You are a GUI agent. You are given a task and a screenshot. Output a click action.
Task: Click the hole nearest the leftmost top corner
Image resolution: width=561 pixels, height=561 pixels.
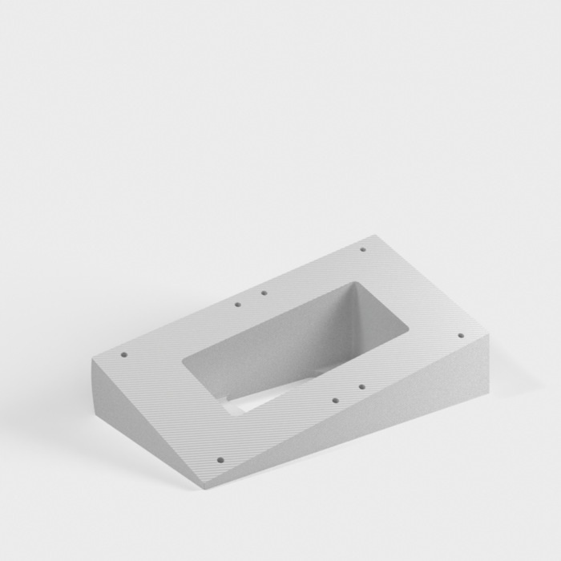click(x=123, y=354)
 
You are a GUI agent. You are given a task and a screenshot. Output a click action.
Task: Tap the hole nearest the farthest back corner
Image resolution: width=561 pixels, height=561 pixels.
click(x=362, y=249)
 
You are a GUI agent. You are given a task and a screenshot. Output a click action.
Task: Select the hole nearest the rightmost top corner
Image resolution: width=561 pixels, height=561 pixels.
click(x=460, y=336)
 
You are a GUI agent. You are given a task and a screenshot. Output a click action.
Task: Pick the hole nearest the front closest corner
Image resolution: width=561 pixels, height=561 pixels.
click(x=220, y=460)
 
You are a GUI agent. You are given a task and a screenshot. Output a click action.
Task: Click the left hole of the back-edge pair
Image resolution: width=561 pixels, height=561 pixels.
click(x=237, y=305)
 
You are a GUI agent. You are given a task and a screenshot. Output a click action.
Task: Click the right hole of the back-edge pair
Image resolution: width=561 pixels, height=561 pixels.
click(x=264, y=293)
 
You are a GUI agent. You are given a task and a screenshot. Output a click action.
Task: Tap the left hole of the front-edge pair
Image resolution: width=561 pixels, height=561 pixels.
click(x=335, y=398)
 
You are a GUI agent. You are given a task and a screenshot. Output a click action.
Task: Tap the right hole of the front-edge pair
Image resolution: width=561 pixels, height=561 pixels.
click(x=361, y=386)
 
